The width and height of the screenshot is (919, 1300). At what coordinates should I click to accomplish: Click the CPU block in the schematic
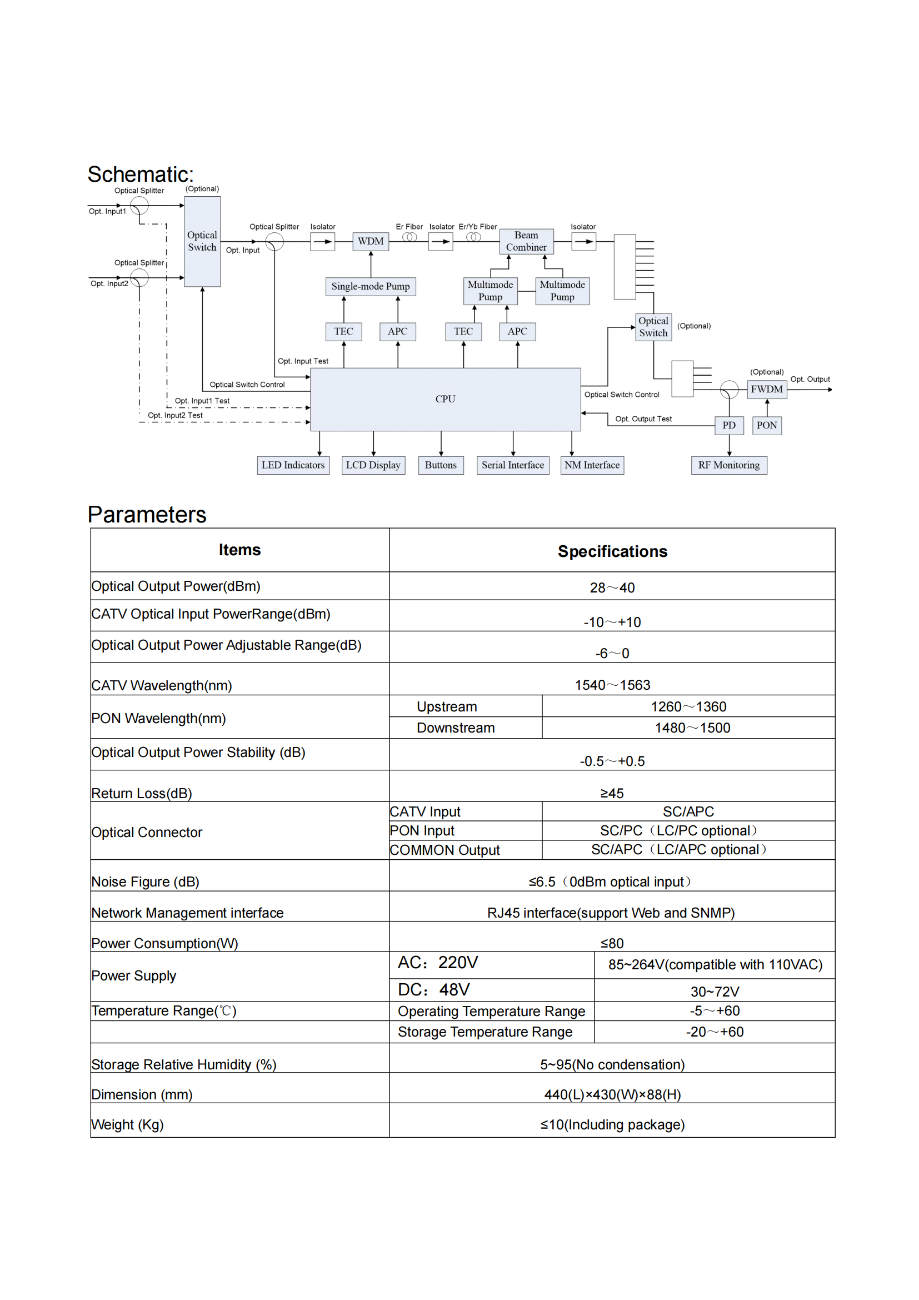pos(446,399)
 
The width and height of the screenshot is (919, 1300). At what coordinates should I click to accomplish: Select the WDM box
pos(371,241)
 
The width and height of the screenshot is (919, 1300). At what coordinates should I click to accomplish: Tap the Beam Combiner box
pos(526,241)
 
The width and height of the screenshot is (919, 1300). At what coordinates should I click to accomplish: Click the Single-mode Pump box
pos(371,286)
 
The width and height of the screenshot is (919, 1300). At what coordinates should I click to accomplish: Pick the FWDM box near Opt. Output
pos(767,390)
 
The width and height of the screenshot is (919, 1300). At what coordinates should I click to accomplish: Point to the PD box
pos(729,425)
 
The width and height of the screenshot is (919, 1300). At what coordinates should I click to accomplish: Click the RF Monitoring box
pos(729,465)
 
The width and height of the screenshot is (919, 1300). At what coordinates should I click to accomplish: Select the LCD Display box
pos(373,465)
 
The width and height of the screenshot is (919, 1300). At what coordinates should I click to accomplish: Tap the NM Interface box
pos(592,465)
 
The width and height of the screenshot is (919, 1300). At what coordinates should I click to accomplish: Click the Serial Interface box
pos(513,465)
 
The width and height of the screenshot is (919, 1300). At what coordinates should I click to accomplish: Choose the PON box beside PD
pos(767,425)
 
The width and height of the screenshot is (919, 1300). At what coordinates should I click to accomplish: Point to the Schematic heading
pos(141,175)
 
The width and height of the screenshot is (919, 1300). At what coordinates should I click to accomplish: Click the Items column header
pos(239,550)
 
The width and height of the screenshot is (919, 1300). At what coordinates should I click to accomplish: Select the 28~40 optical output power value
pos(612,587)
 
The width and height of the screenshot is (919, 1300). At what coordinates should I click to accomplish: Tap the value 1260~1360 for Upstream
pos(688,706)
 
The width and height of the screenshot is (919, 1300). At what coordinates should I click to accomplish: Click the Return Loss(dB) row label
pos(142,793)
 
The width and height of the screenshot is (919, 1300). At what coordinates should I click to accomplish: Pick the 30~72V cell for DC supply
pos(714,992)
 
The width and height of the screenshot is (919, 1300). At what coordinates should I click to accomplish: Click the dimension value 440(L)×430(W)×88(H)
pos(612,1094)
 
